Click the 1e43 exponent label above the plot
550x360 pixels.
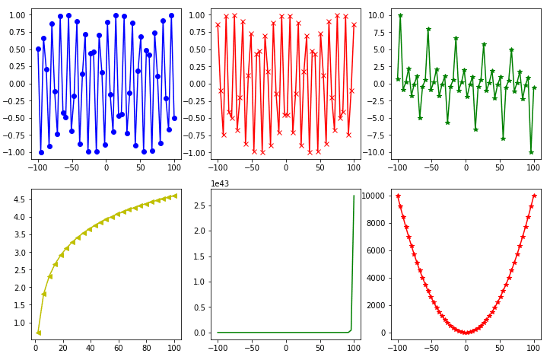221,183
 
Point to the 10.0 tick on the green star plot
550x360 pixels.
378,15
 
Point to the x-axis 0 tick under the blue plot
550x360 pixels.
106,167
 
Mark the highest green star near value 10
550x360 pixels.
400,15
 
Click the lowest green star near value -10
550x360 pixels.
532,152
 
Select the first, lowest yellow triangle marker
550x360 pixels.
38,333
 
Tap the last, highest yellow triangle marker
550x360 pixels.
174,196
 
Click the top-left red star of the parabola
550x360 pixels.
398,196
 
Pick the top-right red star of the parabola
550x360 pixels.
534,196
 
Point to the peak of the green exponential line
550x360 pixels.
354,196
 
